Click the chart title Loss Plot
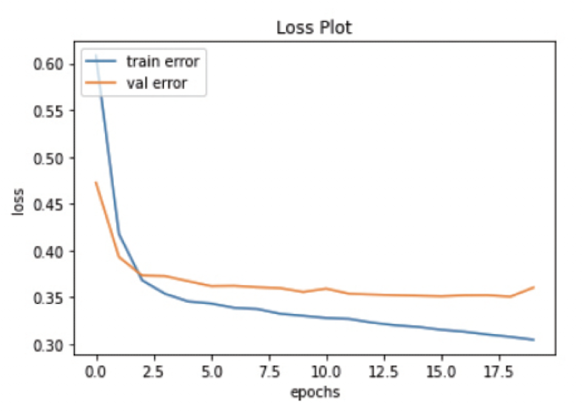click(x=314, y=27)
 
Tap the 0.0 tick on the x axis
click(x=96, y=372)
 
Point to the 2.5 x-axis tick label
click(x=154, y=372)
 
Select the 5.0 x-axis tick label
click(x=211, y=372)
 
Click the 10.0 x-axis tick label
click(x=326, y=372)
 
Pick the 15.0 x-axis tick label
click(x=441, y=372)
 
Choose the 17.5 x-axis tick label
click(x=499, y=372)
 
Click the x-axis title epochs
click(x=314, y=393)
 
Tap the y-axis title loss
click(x=18, y=204)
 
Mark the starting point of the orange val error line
click(x=96, y=182)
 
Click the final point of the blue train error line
click(x=533, y=339)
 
